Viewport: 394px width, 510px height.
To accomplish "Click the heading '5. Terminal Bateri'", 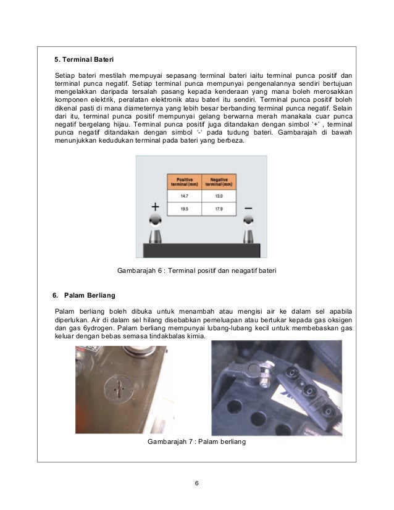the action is pos(84,59).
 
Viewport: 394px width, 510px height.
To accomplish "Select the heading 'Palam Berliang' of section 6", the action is pos(90,295).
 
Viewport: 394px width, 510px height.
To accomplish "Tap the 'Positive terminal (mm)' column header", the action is pos(185,182).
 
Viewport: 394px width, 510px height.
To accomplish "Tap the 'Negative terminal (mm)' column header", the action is pos(219,182).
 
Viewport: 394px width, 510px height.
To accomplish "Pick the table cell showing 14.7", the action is pos(185,196).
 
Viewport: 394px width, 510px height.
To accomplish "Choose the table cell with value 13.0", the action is pos(219,196).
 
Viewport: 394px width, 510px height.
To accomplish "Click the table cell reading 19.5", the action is pos(185,209).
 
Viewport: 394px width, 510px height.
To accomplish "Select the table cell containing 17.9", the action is pos(219,209).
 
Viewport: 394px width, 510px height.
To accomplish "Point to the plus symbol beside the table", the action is pos(156,207).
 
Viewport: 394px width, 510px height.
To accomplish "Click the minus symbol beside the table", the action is pos(248,208).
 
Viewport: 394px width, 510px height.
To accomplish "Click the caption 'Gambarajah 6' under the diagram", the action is pos(140,270).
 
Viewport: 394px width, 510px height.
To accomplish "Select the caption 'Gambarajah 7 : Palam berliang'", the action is pos(196,441).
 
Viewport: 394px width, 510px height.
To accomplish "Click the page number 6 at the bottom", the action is pos(196,483).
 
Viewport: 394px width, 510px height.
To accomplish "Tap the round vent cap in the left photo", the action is pos(119,390).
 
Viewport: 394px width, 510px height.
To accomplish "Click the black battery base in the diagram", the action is pos(202,251).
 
